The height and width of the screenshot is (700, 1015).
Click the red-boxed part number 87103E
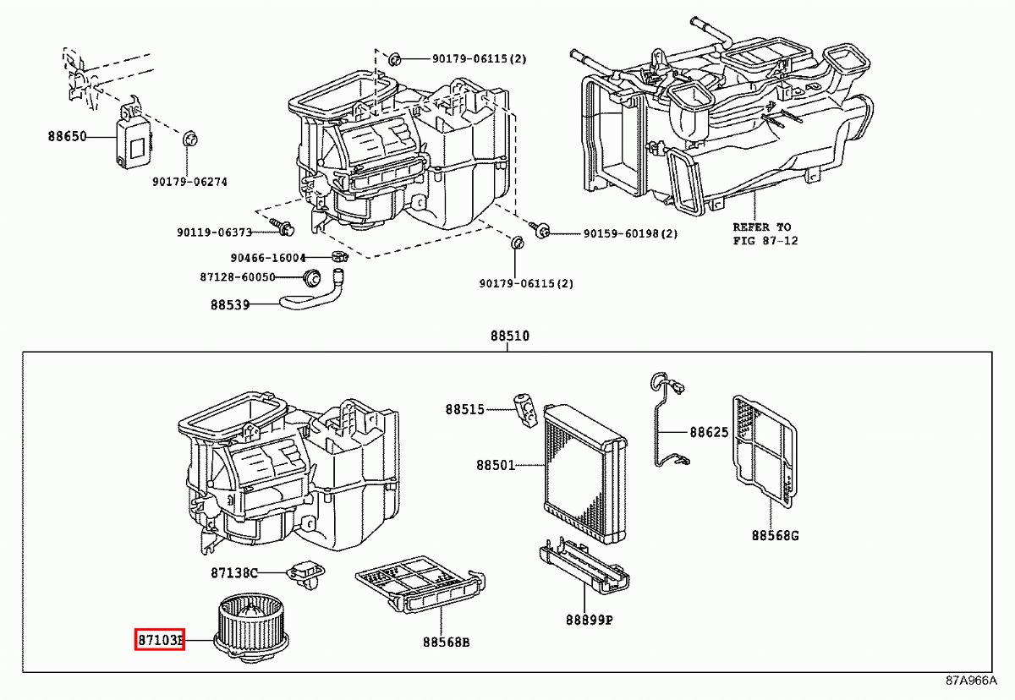pyautogui.click(x=160, y=641)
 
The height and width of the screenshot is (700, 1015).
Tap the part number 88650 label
pyautogui.click(x=67, y=135)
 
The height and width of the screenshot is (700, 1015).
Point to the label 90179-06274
pyautogui.click(x=189, y=182)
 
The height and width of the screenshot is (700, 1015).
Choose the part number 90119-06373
pyautogui.click(x=215, y=232)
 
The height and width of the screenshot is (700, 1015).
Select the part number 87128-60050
pyautogui.click(x=250, y=277)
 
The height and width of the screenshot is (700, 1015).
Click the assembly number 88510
pyautogui.click(x=509, y=336)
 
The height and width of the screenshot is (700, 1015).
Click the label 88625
pyautogui.click(x=709, y=432)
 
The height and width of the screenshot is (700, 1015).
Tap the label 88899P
pyautogui.click(x=590, y=620)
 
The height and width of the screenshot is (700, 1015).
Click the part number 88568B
pyautogui.click(x=446, y=642)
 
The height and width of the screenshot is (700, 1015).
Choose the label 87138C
pyautogui.click(x=234, y=573)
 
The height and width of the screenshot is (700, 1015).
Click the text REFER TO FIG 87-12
pyautogui.click(x=762, y=233)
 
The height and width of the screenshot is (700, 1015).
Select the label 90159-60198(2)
pyautogui.click(x=630, y=233)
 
